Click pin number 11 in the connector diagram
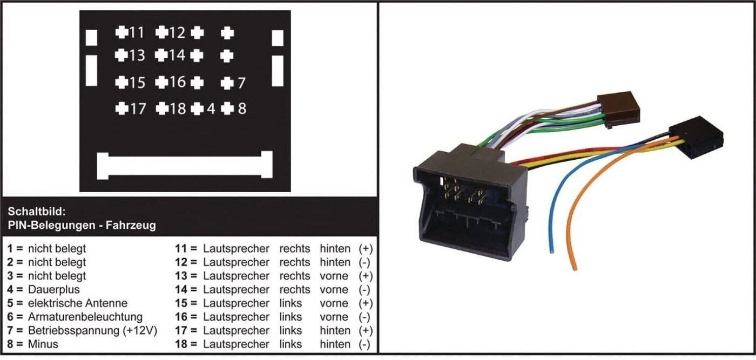pyautogui.click(x=122, y=32)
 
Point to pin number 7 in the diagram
pyautogui.click(x=227, y=83)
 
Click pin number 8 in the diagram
pyautogui.click(x=227, y=108)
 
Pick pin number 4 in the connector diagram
pyautogui.click(x=198, y=108)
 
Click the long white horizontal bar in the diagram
pyautogui.click(x=184, y=165)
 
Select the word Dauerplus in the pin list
pyautogui.click(x=53, y=289)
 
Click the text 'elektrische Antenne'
pyautogui.click(x=78, y=303)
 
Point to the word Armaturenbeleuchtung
pyautogui.click(x=85, y=317)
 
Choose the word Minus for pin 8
pyautogui.click(x=43, y=344)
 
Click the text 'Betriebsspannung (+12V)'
pyautogui.click(x=92, y=330)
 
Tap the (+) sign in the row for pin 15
pyautogui.click(x=366, y=303)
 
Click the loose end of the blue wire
pyautogui.click(x=551, y=250)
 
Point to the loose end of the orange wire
pyautogui.click(x=575, y=267)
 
